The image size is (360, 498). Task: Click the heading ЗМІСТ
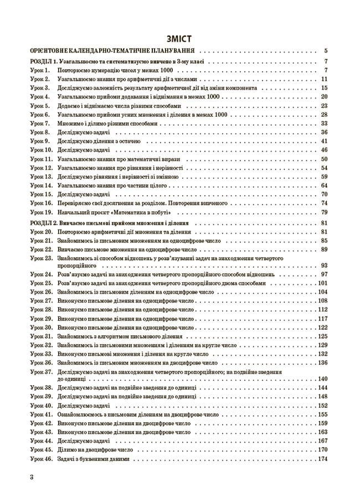coord(179,39)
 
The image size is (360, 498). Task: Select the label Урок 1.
coord(40,70)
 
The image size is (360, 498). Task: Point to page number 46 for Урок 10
coord(325,150)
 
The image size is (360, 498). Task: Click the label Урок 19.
coord(41,212)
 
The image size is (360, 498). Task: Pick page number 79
coord(325,212)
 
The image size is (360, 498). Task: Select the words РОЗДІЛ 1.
coord(43,61)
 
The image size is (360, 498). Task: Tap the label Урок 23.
coord(41,258)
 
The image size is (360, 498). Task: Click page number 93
coord(325,266)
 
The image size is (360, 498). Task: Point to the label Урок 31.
coord(41,336)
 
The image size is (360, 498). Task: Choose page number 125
coord(323,336)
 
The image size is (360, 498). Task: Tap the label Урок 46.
coord(41,459)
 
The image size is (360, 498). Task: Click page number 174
coord(323,459)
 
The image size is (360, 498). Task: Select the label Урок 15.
coord(41,194)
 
